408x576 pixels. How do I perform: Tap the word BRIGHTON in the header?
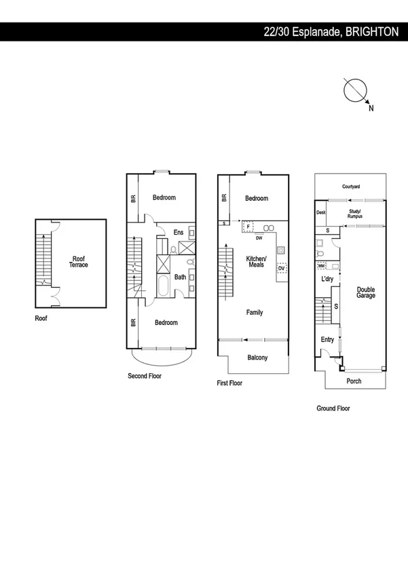coord(372,32)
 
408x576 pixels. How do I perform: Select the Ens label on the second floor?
coord(179,233)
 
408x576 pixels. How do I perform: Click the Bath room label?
coord(180,277)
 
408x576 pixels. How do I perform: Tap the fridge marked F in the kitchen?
coord(248,227)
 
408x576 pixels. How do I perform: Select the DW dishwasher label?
coord(259,238)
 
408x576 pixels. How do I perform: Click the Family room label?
coord(254,313)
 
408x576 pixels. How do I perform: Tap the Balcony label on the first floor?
coord(257,358)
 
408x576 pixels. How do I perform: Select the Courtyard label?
coord(350,186)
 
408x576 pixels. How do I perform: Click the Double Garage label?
coord(366,293)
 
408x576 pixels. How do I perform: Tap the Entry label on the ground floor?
coord(327,339)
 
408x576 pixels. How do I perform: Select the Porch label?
coord(354,381)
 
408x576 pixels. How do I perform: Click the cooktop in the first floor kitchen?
coord(280,250)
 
